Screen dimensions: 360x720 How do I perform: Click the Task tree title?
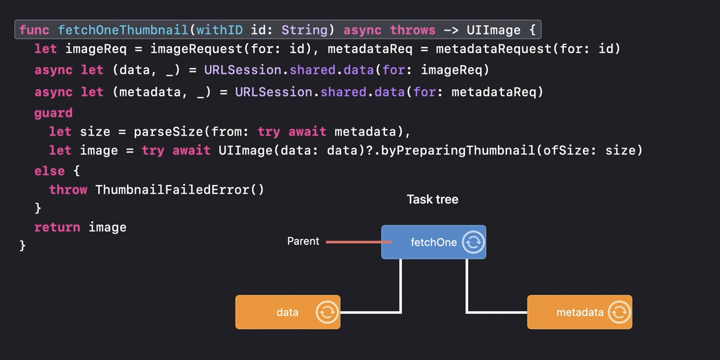432,199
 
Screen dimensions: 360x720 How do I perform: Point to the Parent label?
303,241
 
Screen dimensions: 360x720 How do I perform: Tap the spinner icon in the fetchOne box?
473,242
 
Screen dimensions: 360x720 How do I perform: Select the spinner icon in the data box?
327,312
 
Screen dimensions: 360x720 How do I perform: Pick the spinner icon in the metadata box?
619,312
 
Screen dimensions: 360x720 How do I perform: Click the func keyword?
34,30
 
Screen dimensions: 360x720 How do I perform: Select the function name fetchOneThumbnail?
122,30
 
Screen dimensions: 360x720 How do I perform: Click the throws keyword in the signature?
412,30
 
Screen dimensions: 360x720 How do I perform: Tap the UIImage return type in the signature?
493,30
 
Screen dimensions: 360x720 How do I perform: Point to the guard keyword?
53,113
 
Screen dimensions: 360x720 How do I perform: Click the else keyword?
49,171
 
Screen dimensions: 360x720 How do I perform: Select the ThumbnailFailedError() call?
180,189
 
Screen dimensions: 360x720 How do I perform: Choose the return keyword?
57,227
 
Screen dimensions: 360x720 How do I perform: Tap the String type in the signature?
304,30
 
